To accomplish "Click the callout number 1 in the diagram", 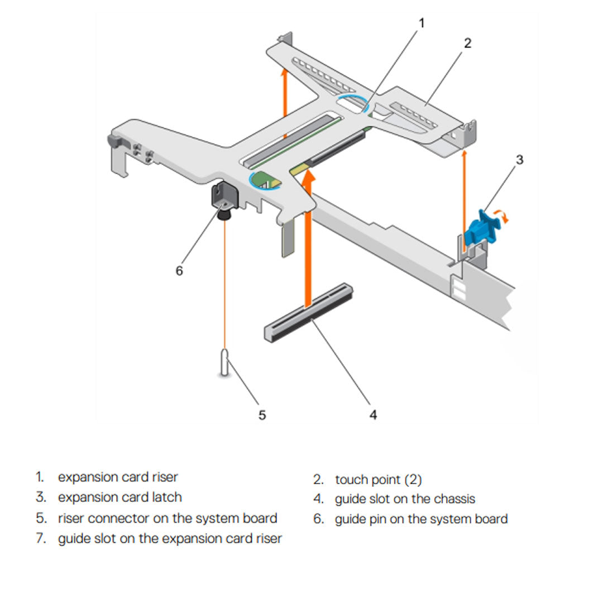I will (x=422, y=23).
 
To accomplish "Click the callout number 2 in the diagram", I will (x=467, y=43).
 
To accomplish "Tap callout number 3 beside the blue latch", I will (x=519, y=160).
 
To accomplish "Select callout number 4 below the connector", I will (x=373, y=415).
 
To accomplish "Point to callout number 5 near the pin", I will (x=262, y=415).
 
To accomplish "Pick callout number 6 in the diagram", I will (x=179, y=271).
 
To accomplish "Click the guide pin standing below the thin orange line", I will (x=225, y=363).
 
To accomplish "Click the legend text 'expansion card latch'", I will (x=120, y=497).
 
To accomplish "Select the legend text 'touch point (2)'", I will (x=379, y=479).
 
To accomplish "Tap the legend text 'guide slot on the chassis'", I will (x=405, y=499).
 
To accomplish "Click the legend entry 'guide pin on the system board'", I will (x=421, y=519).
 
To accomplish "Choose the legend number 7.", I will (x=40, y=539).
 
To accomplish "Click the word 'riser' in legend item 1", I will (x=165, y=477).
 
